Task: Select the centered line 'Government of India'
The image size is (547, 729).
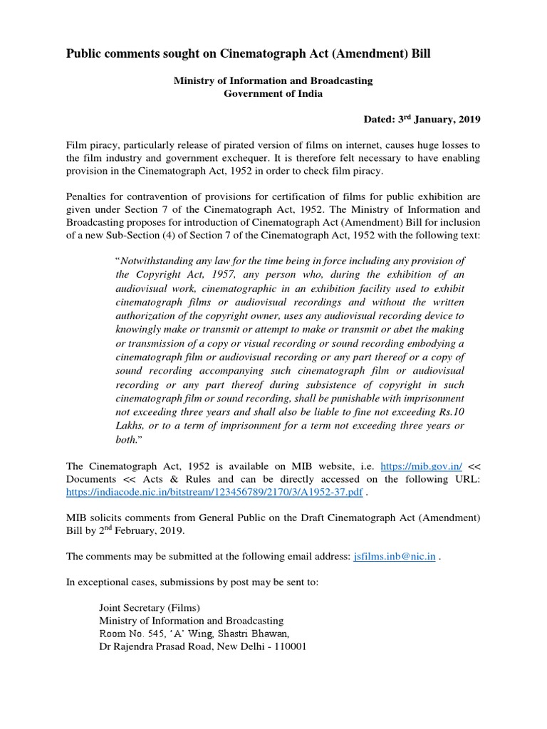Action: point(273,94)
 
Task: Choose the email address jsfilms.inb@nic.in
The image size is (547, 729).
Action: point(394,556)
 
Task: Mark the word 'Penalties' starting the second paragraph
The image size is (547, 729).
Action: point(87,196)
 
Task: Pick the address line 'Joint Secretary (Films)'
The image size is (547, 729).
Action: point(150,607)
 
